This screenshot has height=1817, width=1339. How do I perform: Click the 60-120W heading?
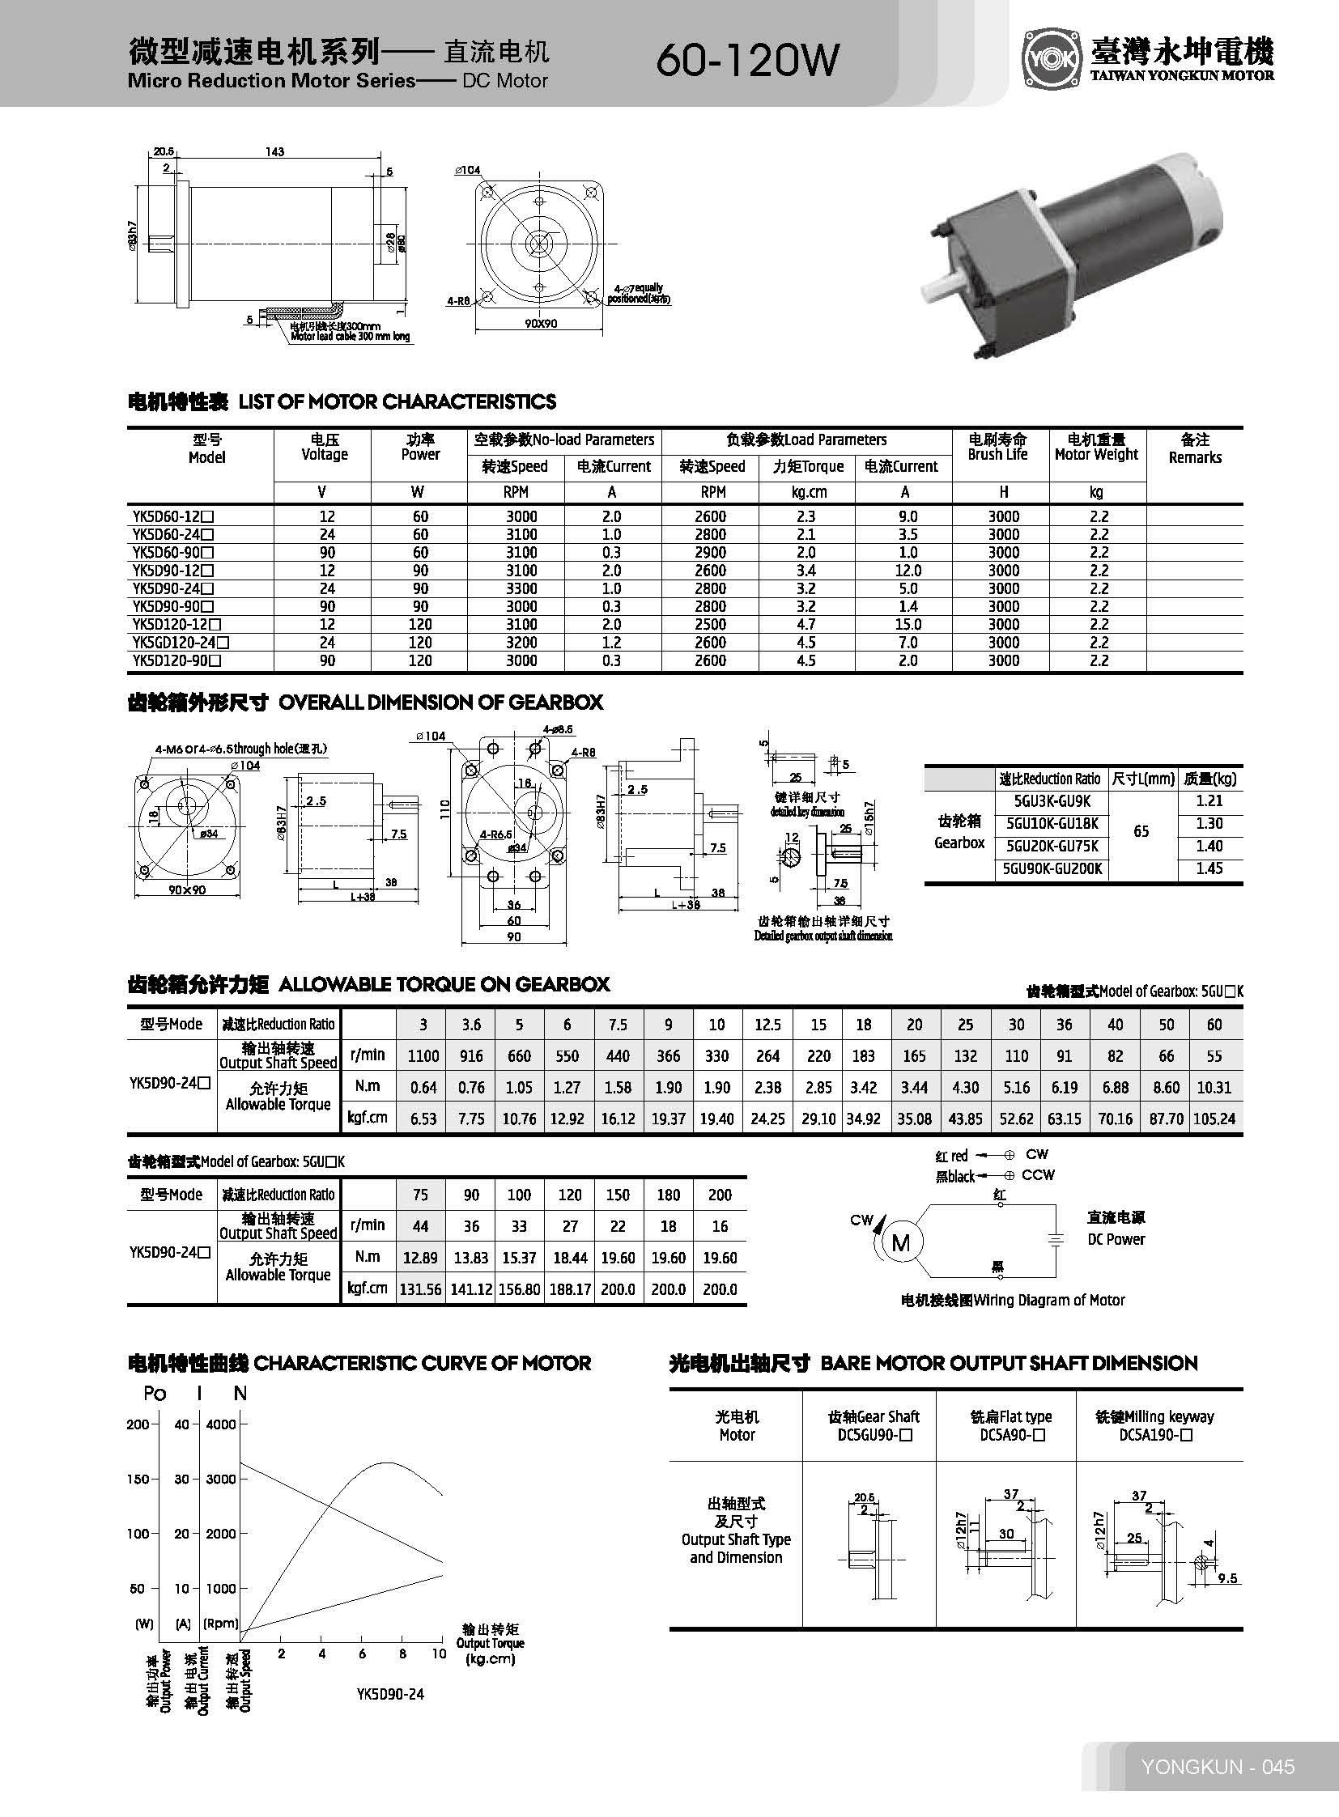point(747,59)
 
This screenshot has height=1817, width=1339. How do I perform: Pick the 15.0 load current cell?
point(908,625)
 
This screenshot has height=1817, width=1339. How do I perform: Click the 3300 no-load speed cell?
point(521,588)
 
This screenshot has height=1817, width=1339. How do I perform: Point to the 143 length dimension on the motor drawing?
point(274,151)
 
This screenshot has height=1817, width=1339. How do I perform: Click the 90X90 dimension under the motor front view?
point(541,324)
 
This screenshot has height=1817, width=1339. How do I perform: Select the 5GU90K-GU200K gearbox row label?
point(1052,868)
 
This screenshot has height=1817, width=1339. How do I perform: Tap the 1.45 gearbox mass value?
point(1209,868)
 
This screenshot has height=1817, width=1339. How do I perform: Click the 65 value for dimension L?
point(1141,831)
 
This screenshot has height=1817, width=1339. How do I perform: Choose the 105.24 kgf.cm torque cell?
point(1214,1119)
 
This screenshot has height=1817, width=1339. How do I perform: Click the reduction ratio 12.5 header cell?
point(767,1025)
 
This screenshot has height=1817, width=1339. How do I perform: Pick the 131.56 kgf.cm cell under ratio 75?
point(420,1289)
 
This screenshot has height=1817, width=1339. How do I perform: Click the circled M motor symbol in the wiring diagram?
point(900,1242)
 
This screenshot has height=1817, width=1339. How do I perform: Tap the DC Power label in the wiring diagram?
point(1116,1239)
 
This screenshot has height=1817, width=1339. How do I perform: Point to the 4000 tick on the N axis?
point(219,1424)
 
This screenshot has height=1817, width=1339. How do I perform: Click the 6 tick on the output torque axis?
point(363,1654)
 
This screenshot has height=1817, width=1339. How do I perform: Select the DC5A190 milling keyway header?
point(1154,1435)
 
